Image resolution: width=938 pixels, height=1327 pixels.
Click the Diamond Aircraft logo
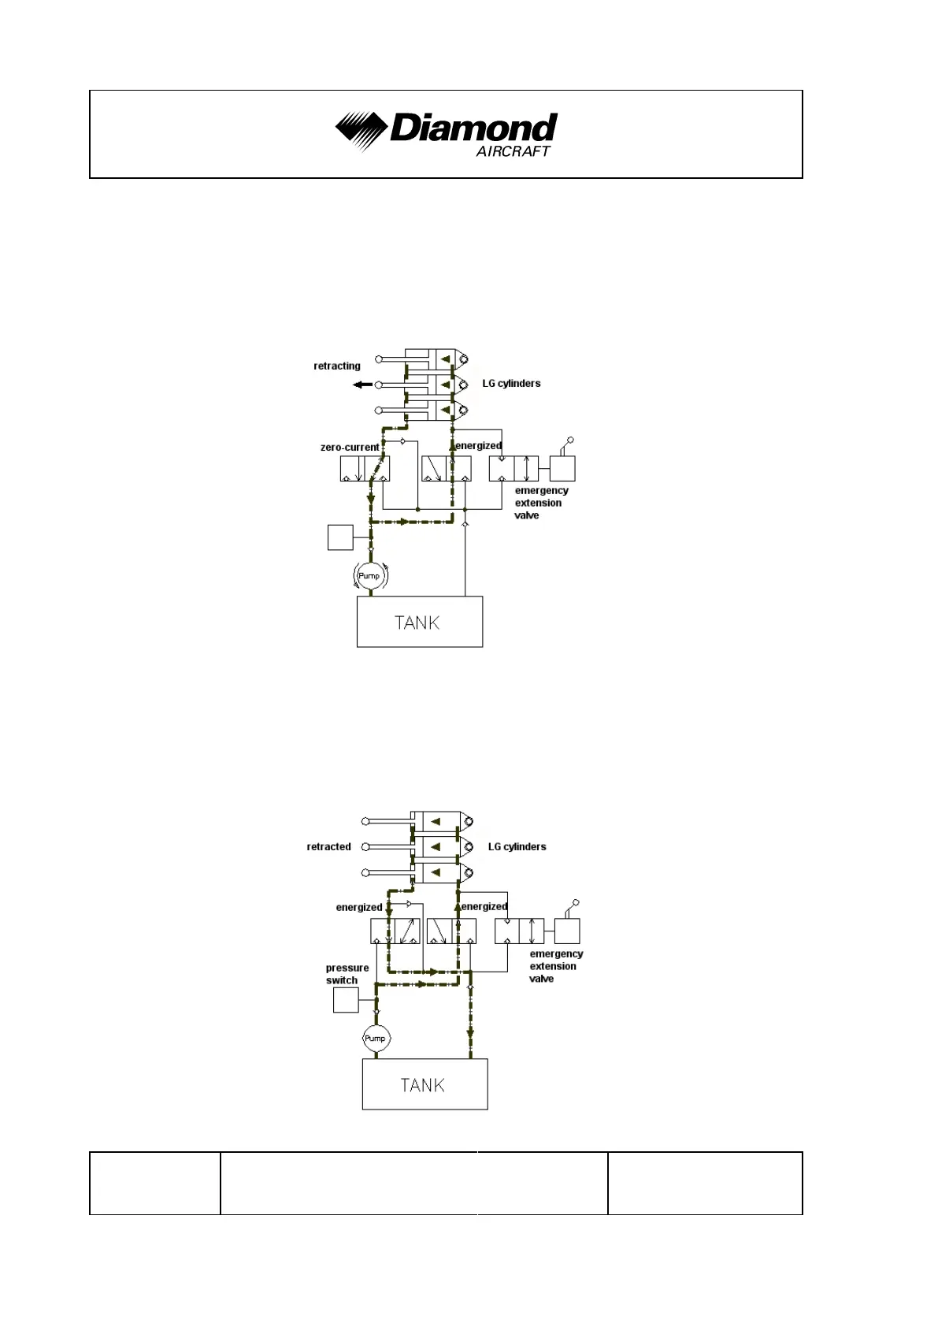click(x=446, y=133)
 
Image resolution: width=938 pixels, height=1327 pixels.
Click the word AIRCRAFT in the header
click(x=513, y=151)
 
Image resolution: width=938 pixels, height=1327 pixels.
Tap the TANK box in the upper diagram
click(x=419, y=622)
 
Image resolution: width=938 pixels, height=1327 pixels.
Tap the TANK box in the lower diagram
click(x=424, y=1084)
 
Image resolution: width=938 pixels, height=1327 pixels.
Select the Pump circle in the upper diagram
click(x=369, y=576)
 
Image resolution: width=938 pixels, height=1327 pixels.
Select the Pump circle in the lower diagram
click(x=375, y=1038)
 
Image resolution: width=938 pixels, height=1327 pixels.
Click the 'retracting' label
click(x=337, y=366)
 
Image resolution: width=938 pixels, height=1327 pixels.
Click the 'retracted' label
click(x=328, y=846)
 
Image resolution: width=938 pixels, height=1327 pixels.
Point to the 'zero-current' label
click(x=350, y=447)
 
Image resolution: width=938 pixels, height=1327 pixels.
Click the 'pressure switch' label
click(x=347, y=974)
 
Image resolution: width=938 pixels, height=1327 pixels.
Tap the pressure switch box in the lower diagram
click(x=346, y=1000)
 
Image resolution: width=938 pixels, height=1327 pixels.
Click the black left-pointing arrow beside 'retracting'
click(x=362, y=385)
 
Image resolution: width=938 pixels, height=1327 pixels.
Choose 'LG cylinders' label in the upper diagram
click(x=511, y=384)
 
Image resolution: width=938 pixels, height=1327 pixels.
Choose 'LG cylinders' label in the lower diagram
click(x=517, y=846)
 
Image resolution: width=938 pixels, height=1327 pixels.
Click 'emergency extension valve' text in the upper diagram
click(x=540, y=503)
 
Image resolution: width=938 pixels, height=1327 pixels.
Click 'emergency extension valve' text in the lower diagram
click(x=555, y=966)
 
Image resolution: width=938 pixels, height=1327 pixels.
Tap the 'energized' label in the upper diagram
click(x=479, y=446)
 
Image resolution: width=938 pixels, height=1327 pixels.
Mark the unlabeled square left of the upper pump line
click(x=340, y=537)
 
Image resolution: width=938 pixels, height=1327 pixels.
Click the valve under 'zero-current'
click(x=365, y=469)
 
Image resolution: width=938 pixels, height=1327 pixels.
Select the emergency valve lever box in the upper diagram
click(x=562, y=468)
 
